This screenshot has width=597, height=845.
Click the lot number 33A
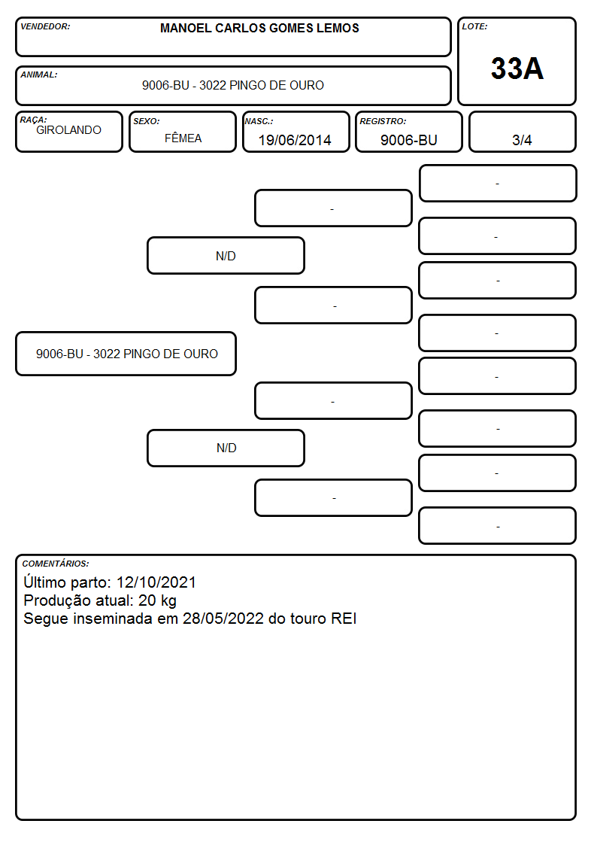[x=517, y=68]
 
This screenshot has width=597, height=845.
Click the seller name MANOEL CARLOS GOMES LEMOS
[x=259, y=28]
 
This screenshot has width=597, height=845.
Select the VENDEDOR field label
[x=45, y=26]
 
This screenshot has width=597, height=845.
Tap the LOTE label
[x=474, y=26]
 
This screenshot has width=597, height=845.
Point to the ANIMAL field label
[x=39, y=75]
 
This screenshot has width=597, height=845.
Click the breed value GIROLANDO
[x=69, y=130]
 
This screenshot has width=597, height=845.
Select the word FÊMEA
[x=183, y=138]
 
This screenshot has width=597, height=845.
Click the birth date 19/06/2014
[x=295, y=140]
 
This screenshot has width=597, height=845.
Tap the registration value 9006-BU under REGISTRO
[x=408, y=140]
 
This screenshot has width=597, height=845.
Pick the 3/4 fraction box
[x=522, y=132]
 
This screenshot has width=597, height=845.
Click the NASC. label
[x=259, y=122]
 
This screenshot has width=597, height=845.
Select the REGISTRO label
[x=383, y=122]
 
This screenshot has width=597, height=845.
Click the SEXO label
[x=147, y=122]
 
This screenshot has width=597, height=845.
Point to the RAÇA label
[x=33, y=120]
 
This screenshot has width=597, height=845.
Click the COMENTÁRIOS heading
[x=56, y=564]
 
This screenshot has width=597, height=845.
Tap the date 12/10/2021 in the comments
[x=156, y=582]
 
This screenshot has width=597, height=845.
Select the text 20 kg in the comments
[x=157, y=601]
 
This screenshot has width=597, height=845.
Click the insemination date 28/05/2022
[x=223, y=619]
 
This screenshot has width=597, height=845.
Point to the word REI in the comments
[x=344, y=619]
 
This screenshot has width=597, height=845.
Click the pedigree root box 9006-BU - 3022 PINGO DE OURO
[x=126, y=354]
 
